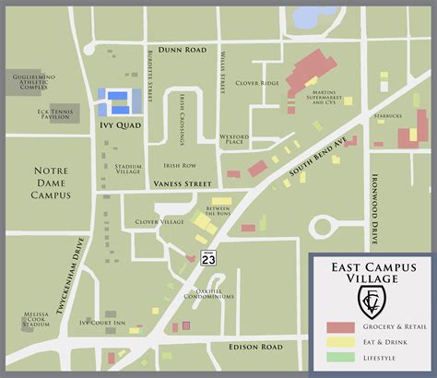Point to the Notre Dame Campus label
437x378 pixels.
(57, 183)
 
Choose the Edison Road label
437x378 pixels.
(259, 347)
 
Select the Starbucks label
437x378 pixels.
(388, 118)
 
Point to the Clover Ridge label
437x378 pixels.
(257, 84)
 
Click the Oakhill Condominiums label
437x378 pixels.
(208, 295)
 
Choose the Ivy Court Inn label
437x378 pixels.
(101, 323)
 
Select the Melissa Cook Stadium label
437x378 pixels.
(35, 320)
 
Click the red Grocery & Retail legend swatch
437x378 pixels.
(340, 328)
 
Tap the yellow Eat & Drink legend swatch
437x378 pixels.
(340, 343)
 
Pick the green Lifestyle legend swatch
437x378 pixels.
(340, 358)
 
